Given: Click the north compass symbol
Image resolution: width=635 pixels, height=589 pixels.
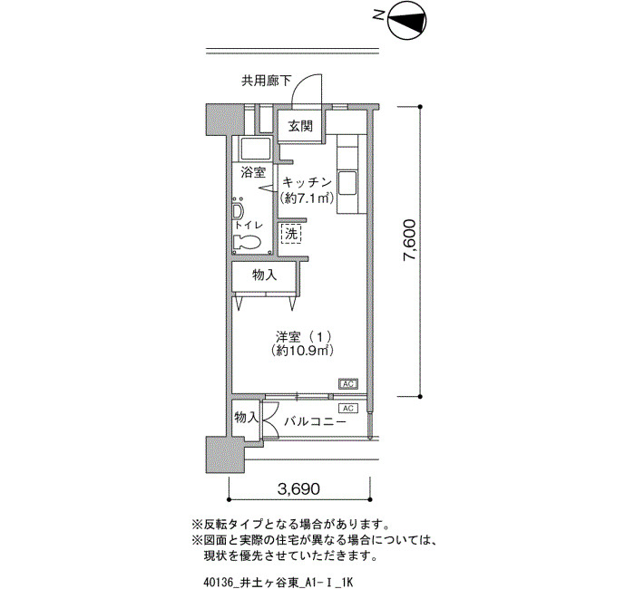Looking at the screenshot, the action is [407, 20].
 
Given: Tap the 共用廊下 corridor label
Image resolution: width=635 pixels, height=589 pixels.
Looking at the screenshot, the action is [266, 81].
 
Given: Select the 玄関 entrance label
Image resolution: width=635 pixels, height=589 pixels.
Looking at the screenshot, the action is [300, 126].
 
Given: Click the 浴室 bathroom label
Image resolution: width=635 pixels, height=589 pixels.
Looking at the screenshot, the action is [253, 173].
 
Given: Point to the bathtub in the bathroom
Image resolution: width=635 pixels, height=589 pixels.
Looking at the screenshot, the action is [256, 150].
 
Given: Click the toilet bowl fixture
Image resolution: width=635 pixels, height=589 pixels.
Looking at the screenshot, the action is [246, 242].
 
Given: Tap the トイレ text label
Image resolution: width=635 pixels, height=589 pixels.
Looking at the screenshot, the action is [249, 225].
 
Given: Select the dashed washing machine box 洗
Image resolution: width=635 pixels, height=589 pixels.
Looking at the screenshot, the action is [291, 234].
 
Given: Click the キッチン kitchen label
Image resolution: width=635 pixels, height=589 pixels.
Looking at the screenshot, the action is [307, 182].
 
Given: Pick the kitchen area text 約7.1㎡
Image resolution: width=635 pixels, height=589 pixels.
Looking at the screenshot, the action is [307, 198].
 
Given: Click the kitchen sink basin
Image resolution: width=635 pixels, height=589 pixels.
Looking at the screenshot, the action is [347, 182].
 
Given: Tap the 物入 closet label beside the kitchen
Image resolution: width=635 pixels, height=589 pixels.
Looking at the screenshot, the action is [265, 275].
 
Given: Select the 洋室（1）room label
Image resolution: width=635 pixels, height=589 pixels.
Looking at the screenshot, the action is [304, 336].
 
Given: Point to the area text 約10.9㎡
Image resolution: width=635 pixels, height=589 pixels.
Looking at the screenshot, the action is [303, 351].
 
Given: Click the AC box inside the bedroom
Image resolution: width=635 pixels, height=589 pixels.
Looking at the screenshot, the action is [347, 384].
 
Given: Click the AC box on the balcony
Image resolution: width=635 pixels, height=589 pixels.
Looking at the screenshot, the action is [347, 409].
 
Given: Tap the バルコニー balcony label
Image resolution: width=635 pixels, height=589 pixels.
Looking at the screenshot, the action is [315, 422].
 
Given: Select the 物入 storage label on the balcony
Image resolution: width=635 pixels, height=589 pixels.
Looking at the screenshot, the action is [246, 418].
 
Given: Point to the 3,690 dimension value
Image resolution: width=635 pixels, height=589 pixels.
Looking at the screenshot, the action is [298, 489].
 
